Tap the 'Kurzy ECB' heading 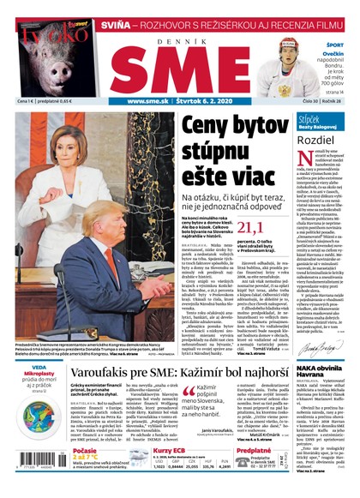[171, 450]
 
